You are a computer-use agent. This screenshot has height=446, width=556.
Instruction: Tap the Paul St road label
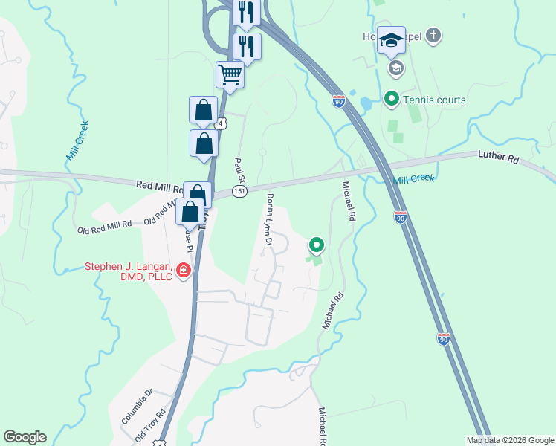coord(239,170)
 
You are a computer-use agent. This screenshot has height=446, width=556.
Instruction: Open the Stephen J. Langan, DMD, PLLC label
coord(129,272)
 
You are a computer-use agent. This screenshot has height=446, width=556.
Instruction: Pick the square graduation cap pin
coord(391,40)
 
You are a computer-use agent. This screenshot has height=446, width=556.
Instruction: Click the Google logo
coord(25,437)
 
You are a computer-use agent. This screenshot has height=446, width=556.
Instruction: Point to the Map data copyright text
coord(509,440)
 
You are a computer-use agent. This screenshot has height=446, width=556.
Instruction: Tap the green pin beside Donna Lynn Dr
coord(317,244)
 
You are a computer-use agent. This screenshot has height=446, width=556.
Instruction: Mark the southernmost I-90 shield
coord(443,339)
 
